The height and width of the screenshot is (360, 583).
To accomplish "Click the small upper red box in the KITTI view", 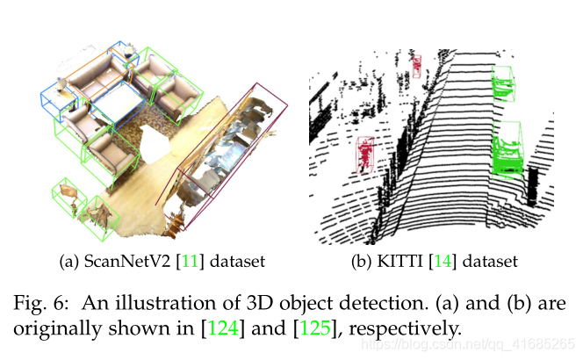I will [416, 65].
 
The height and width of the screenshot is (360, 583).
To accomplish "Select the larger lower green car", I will [508, 147].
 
